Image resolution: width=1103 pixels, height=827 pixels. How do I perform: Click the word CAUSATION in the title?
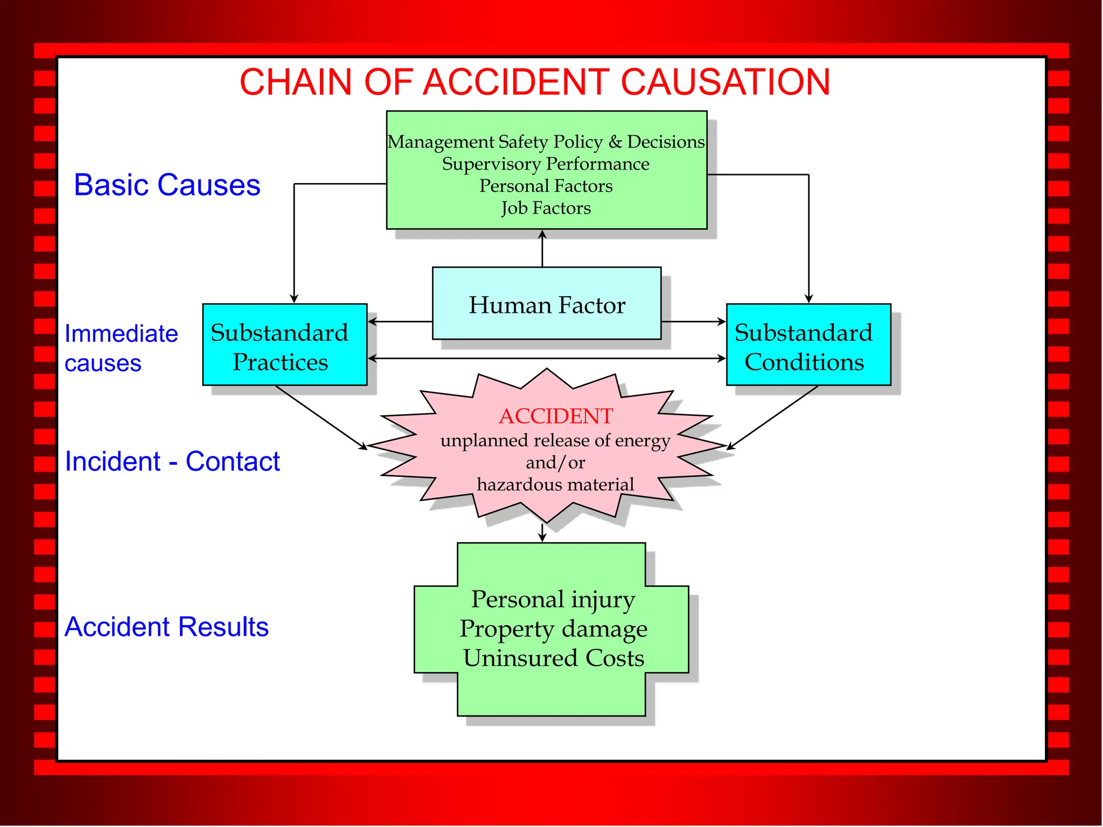tap(725, 82)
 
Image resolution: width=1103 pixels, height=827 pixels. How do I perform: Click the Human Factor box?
tap(547, 305)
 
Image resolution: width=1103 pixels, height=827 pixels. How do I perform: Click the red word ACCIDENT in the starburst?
tap(555, 416)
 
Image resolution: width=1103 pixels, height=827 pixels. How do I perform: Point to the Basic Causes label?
tap(167, 185)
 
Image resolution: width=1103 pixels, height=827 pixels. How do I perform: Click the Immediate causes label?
tap(121, 348)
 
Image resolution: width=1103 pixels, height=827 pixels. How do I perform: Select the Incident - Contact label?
tap(172, 461)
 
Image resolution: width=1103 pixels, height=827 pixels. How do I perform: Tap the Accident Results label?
tap(166, 627)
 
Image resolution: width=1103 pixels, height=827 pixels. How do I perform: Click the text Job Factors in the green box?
tap(546, 208)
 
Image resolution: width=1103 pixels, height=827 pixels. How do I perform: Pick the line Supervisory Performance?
tap(546, 164)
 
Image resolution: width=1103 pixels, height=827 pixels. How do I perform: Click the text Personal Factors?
tap(546, 186)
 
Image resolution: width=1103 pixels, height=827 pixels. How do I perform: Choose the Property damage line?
tap(553, 629)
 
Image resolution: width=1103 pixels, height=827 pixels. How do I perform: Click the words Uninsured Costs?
tap(553, 658)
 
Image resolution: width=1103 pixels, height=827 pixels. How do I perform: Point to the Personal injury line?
tap(553, 599)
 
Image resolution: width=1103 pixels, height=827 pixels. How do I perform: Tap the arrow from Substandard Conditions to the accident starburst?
tap(773, 417)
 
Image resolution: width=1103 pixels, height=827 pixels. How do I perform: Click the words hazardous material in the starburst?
tap(555, 485)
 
